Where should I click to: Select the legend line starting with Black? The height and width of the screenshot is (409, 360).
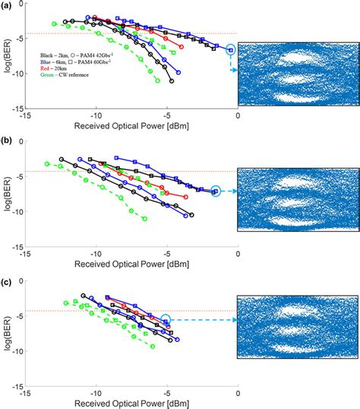68,57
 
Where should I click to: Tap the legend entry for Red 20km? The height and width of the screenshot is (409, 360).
53,72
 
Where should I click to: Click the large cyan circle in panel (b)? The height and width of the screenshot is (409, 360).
216,192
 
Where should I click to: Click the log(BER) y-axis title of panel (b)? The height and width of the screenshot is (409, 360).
6,201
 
